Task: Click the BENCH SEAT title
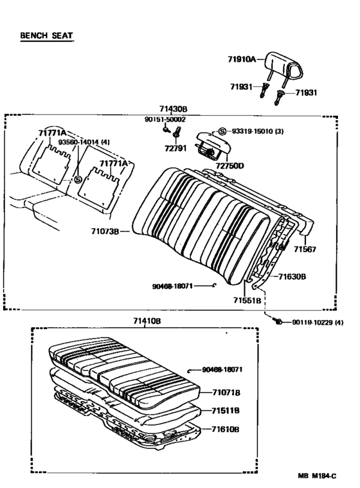tap(46, 35)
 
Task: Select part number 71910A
tap(242, 59)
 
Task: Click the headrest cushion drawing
tap(283, 65)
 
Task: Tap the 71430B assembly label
tap(174, 109)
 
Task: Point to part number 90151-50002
tap(165, 120)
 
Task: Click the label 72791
tap(175, 149)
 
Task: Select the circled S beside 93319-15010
tap(222, 131)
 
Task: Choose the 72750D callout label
tap(230, 166)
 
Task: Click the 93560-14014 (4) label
tap(84, 142)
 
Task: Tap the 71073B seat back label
tap(105, 231)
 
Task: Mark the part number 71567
tap(305, 249)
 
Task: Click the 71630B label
tap(292, 276)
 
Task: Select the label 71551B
tap(248, 300)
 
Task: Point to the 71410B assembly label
tap(147, 321)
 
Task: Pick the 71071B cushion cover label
tap(226, 393)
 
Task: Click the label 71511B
tap(226, 411)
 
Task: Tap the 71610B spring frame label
tap(226, 429)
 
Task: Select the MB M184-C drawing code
tap(317, 476)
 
